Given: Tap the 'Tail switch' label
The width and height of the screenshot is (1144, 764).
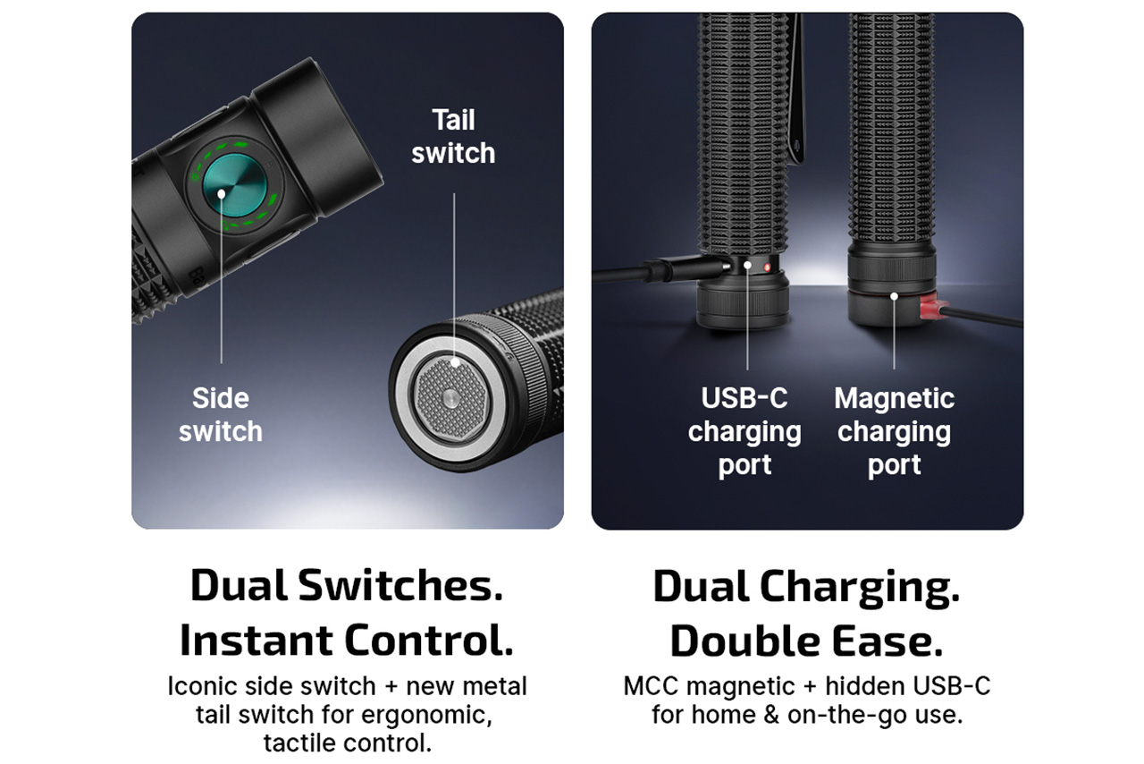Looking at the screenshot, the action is (x=453, y=137).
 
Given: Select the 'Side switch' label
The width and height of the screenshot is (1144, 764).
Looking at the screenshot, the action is (x=221, y=415).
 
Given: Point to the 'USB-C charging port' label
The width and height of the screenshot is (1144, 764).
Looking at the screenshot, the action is (x=744, y=431).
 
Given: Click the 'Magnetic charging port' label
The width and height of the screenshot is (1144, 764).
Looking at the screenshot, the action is (x=895, y=431).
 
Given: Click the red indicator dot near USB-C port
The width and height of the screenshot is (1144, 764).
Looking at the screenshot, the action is (x=767, y=267).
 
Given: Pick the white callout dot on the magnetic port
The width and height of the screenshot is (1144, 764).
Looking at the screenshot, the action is (x=894, y=297).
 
